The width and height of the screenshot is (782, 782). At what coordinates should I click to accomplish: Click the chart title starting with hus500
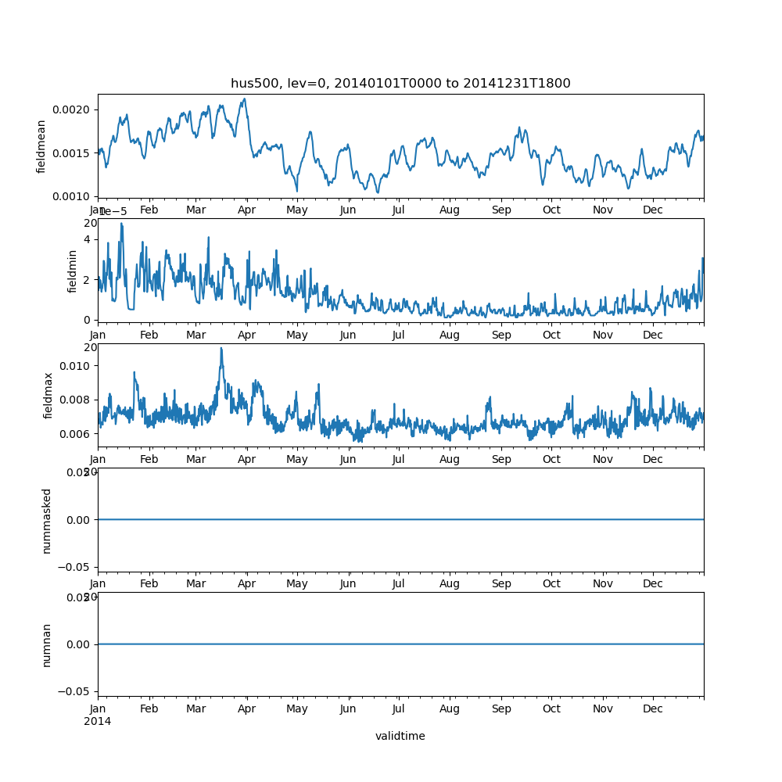coord(400,83)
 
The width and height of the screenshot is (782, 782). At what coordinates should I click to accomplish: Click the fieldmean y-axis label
coord(41,145)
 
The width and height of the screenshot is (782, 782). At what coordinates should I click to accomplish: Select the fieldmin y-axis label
coord(73,271)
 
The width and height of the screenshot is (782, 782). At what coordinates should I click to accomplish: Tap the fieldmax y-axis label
coord(48,395)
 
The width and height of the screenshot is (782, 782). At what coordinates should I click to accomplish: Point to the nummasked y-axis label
coord(46,520)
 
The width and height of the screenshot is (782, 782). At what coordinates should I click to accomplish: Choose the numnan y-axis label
coord(46,644)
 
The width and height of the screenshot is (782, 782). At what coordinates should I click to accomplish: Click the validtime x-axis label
coord(400,736)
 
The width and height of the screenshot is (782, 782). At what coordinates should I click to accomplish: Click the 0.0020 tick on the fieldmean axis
coord(72,109)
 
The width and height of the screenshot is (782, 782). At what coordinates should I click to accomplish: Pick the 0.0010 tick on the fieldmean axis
coord(72,196)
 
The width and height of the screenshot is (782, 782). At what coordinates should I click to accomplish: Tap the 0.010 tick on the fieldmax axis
coord(74,365)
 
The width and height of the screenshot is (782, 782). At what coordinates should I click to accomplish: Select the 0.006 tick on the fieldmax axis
coord(74,433)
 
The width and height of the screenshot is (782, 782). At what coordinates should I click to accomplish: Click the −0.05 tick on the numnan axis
coord(72,691)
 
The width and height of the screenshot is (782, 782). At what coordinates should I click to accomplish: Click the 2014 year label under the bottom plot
coord(97,721)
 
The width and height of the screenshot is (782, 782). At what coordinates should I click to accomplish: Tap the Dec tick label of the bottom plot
coord(653,708)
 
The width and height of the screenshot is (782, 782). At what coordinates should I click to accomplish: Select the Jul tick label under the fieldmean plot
coord(399,210)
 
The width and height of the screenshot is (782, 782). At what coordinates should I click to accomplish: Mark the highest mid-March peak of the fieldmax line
coord(221,348)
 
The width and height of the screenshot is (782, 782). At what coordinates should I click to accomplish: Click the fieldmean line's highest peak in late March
coord(245,99)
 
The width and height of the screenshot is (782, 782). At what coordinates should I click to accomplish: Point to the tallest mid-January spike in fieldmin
coord(121,224)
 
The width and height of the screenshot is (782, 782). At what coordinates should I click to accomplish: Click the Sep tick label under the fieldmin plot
coord(501,335)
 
